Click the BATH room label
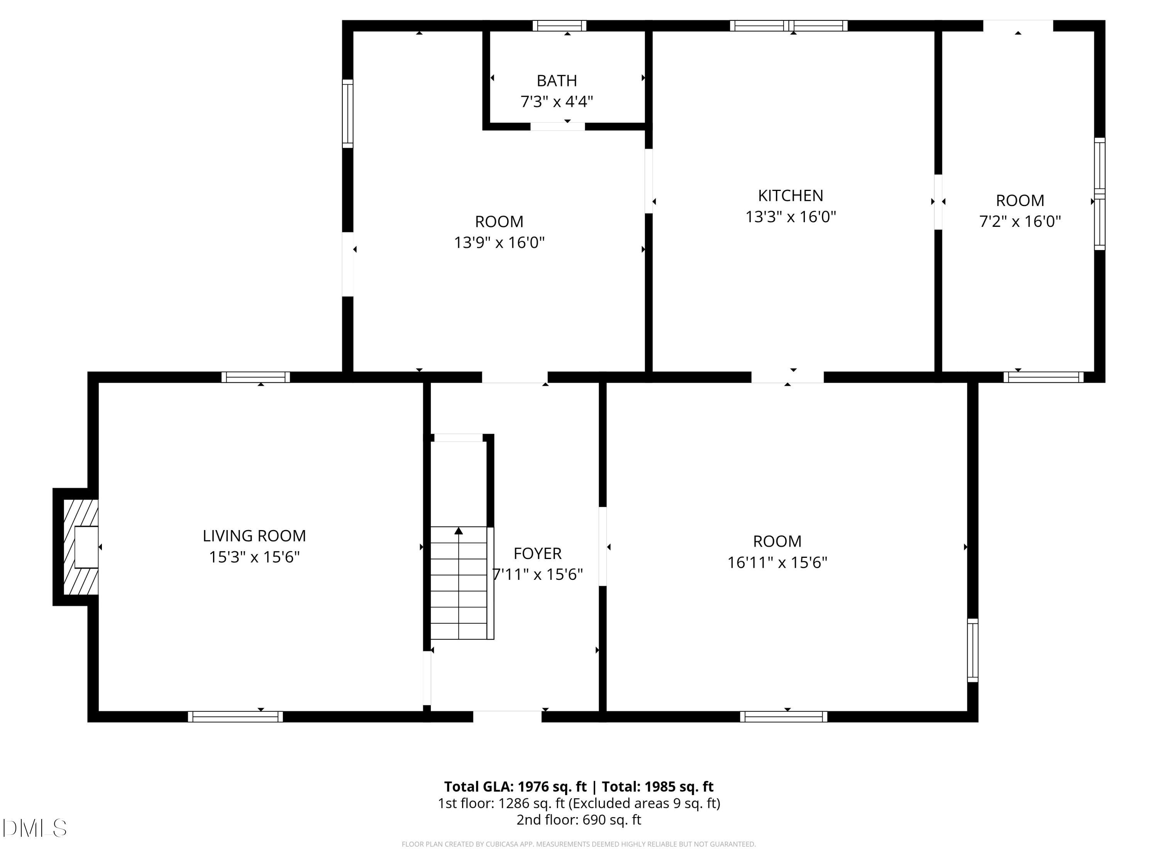pyautogui.click(x=557, y=81)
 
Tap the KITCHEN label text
pyautogui.click(x=791, y=196)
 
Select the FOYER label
pyautogui.click(x=537, y=553)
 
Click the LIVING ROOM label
pyautogui.click(x=254, y=536)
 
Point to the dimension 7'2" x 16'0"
pyautogui.click(x=1020, y=221)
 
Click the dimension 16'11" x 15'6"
pyautogui.click(x=777, y=562)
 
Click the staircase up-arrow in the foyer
pyautogui.click(x=459, y=532)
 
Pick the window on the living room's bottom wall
pyautogui.click(x=235, y=716)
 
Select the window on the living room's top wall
pyautogui.click(x=256, y=377)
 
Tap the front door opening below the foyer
pyautogui.click(x=507, y=716)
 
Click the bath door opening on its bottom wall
pyautogui.click(x=557, y=127)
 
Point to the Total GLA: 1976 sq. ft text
pyautogui.click(x=515, y=787)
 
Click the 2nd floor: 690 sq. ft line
pyautogui.click(x=579, y=820)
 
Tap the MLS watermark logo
pyautogui.click(x=35, y=828)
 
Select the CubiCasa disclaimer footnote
pyautogui.click(x=579, y=844)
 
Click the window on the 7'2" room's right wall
pyautogui.click(x=1099, y=194)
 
